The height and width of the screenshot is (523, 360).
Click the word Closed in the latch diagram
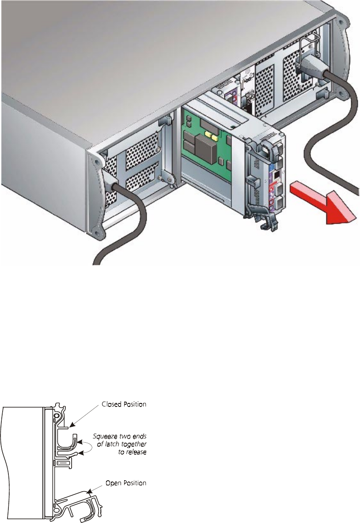tap(110, 404)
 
